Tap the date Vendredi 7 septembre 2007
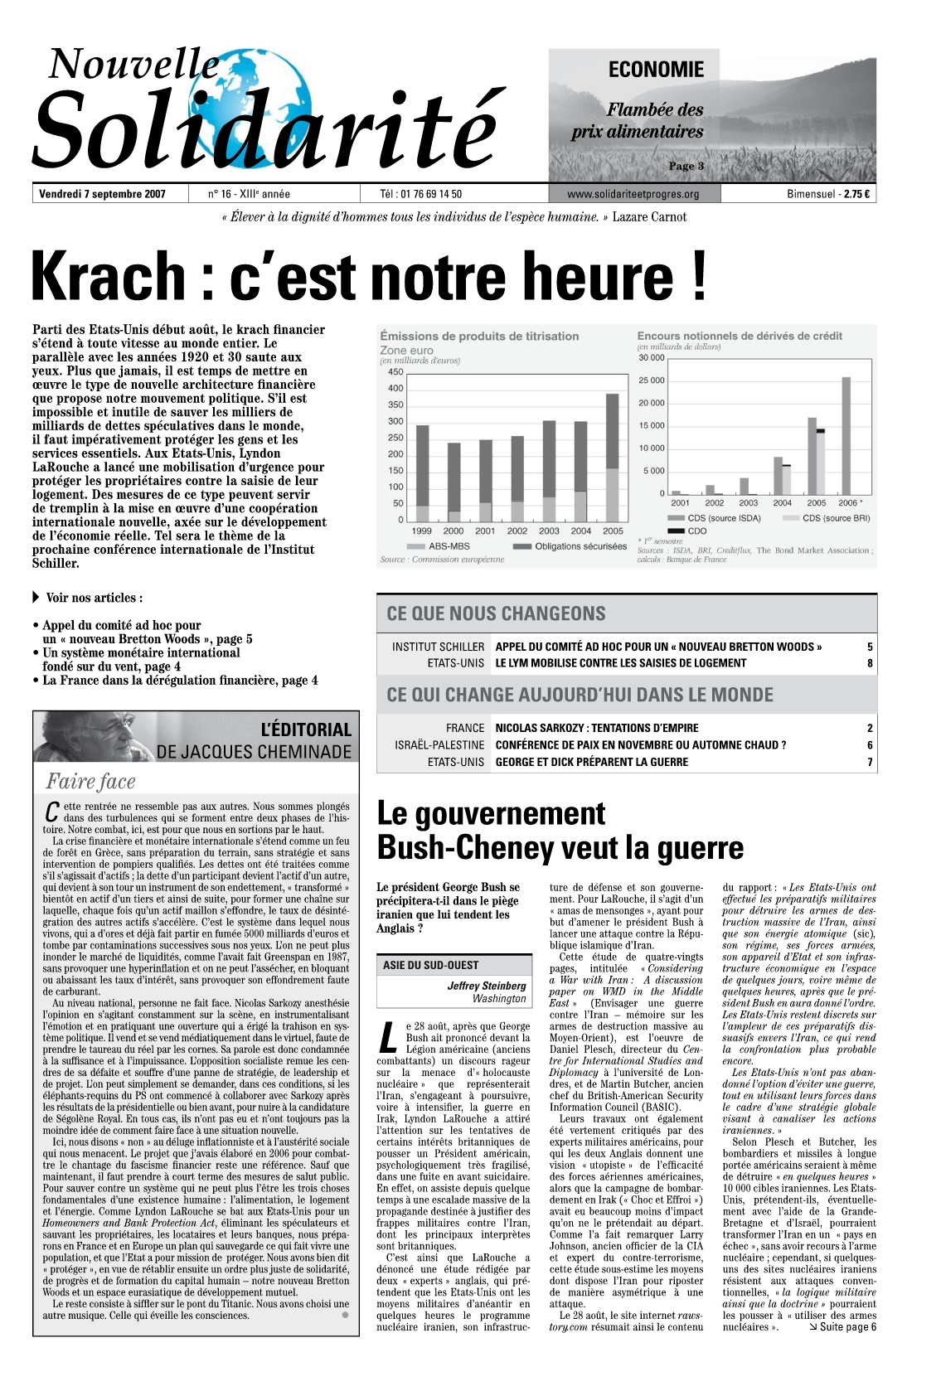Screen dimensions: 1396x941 coord(102,195)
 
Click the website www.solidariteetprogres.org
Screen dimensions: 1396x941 coord(633,195)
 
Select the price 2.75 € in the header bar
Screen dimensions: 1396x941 coord(856,195)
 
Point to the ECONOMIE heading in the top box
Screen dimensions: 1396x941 coord(656,70)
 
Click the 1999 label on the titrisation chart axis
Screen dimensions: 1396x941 coord(421,531)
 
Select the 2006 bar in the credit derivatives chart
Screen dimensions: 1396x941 coord(846,435)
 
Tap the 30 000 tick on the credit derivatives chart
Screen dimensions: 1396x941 coord(651,358)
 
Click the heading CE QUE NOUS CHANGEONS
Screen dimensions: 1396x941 coord(496,614)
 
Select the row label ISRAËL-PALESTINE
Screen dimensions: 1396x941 coord(439,745)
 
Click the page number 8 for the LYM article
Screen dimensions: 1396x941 coord(870,663)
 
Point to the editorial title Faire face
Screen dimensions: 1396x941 coord(90,782)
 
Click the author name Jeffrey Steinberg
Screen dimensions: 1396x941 coord(487,986)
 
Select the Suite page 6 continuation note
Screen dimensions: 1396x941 coord(841,1327)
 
